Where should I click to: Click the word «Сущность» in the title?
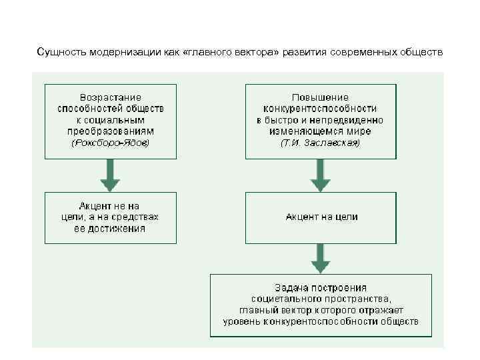(57, 51)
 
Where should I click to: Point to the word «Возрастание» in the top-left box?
(111, 97)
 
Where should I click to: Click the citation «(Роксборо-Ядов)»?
(111, 143)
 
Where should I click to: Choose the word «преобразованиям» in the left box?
(111, 131)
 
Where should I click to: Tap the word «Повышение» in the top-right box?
(320, 97)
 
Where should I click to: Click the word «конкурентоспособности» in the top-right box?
(320, 108)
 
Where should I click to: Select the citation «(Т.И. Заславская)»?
(320, 143)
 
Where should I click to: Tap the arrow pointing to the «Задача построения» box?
(321, 257)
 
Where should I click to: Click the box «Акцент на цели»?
(321, 217)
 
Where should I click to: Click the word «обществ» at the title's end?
(423, 51)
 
